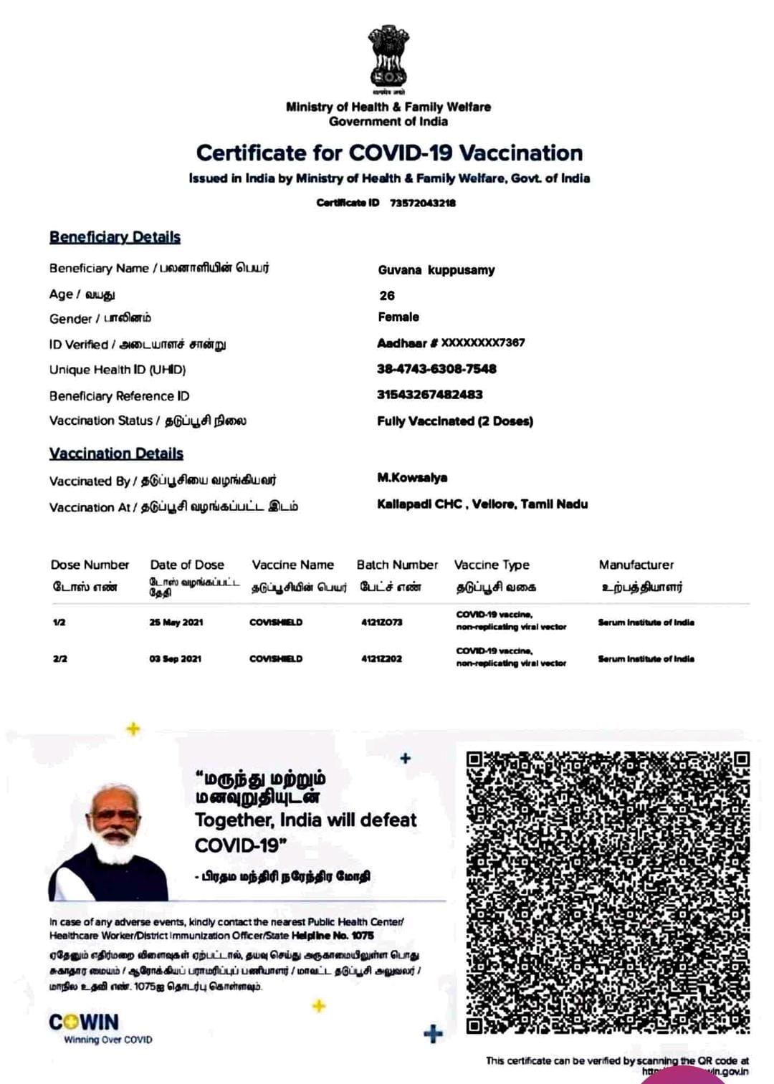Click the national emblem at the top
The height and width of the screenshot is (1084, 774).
388,57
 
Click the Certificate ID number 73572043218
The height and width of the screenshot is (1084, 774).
422,203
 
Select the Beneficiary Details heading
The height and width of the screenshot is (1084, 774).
115,237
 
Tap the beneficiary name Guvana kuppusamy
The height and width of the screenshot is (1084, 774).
436,270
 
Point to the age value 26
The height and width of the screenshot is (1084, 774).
387,295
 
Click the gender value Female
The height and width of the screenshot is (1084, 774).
398,317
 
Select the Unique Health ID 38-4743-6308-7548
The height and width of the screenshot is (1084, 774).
436,369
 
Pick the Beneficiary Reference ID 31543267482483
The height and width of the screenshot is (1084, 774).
429,395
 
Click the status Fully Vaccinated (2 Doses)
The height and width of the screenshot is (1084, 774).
455,421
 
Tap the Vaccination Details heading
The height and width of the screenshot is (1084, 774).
116,454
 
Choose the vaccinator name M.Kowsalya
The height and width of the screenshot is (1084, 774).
412,478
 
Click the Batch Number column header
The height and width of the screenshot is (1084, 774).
397,565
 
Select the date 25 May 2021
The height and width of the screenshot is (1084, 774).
176,623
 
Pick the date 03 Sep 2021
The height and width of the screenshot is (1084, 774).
175,658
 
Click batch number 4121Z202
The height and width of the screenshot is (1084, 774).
381,658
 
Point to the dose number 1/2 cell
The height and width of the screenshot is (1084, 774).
59,623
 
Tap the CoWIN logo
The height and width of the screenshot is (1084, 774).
84,1022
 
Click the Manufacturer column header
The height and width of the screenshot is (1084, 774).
636,565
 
